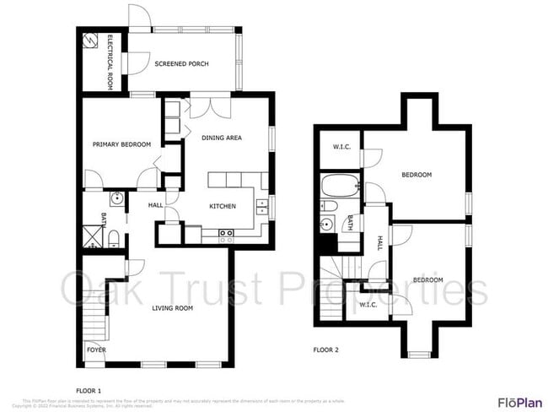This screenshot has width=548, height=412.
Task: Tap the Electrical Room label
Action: (x=110, y=62)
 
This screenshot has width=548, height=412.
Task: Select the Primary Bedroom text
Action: (x=121, y=144)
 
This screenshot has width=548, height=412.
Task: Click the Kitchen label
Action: (x=223, y=206)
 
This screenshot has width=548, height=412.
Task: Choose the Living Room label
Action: (x=172, y=308)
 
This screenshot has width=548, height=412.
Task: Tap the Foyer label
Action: (x=96, y=348)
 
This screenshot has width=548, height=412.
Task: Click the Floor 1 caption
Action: (x=88, y=390)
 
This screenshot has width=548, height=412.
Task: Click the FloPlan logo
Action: (x=519, y=401)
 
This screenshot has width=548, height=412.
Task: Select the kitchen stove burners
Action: (x=225, y=235)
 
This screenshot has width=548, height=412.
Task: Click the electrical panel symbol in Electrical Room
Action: (x=90, y=40)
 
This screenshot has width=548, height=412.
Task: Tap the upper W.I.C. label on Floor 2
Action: (x=341, y=147)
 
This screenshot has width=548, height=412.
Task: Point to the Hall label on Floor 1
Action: (x=155, y=205)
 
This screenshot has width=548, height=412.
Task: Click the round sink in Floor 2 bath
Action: (x=326, y=224)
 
